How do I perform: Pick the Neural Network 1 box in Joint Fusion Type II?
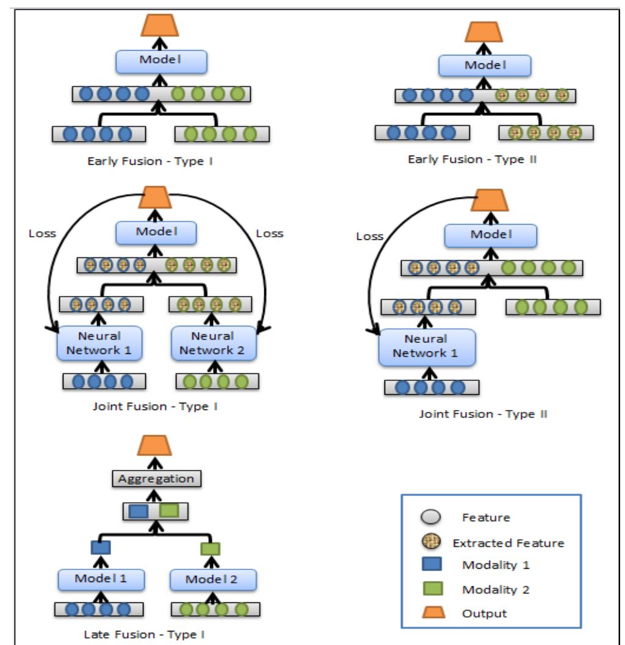(x=426, y=346)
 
